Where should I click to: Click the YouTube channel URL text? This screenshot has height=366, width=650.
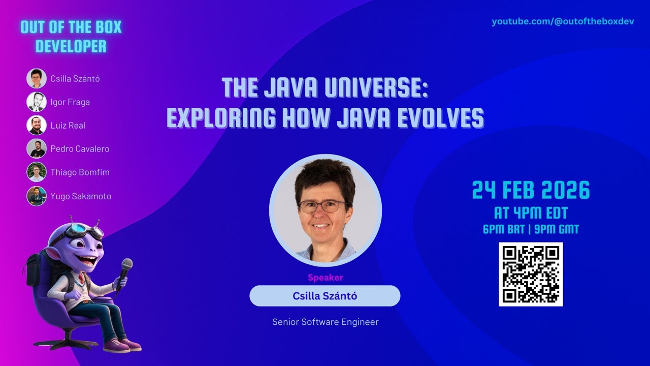(563, 22)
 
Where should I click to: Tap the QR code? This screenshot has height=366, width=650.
(531, 274)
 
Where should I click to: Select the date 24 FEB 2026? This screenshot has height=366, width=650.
(531, 191)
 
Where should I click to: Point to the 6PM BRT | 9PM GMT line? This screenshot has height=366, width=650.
(531, 229)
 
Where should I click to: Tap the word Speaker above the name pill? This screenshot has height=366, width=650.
(325, 278)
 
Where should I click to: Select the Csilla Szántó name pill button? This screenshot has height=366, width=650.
(325, 296)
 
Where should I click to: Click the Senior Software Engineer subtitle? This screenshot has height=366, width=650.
(325, 322)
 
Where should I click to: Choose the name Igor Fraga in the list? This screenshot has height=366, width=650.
(70, 102)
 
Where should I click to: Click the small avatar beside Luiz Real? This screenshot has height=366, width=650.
(37, 125)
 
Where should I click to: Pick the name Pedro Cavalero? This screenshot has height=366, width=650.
(80, 149)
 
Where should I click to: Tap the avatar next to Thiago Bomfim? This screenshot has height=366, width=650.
(37, 172)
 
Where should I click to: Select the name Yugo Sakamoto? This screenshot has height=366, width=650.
(81, 196)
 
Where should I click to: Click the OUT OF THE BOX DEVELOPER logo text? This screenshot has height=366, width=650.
(71, 37)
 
